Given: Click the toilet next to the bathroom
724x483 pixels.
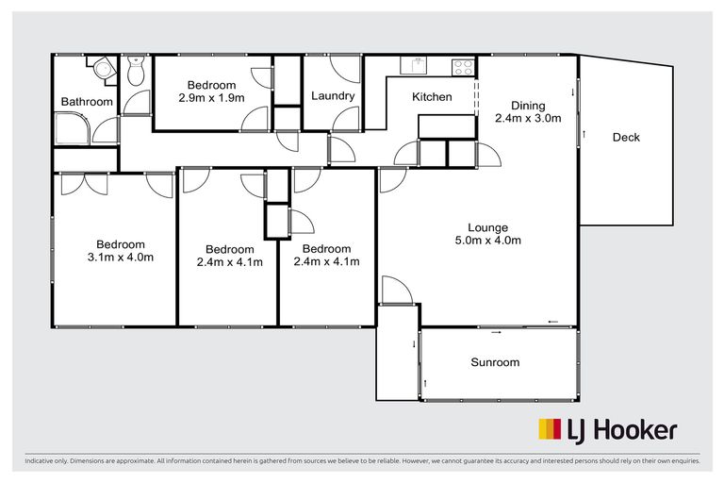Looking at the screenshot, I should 136,71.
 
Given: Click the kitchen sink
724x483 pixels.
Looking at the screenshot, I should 415,65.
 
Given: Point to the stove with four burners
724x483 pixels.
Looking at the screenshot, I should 462,66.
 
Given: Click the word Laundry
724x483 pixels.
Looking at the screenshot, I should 333,96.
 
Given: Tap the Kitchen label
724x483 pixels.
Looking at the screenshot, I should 432,97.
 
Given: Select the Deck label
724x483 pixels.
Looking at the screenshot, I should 626,138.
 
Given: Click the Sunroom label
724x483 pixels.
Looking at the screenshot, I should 495,362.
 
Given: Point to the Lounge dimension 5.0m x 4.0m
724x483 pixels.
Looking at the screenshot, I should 488,241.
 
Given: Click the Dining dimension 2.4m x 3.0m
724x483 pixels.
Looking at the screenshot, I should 528,119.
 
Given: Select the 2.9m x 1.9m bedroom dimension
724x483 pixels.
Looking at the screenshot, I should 212,97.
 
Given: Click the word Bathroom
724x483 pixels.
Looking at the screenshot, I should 87,102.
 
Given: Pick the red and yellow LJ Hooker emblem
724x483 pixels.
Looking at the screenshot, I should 549,430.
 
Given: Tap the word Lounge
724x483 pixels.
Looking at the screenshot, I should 488,227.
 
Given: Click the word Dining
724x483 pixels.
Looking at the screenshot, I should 528,106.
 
